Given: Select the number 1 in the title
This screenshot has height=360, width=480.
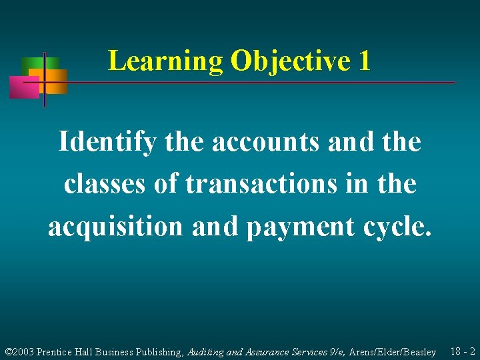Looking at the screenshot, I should (364, 61).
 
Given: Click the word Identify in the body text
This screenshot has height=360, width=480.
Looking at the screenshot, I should (107, 142).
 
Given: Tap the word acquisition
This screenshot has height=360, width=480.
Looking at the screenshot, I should (115, 227).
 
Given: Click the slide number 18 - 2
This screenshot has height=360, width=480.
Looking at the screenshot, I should (463, 351).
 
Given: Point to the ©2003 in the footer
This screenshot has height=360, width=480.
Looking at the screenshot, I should (19, 352).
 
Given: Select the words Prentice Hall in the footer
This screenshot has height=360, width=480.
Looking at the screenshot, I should (66, 352).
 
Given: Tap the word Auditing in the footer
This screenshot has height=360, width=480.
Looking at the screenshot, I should (206, 352).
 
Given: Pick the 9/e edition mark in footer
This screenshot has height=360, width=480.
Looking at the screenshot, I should (335, 352).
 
